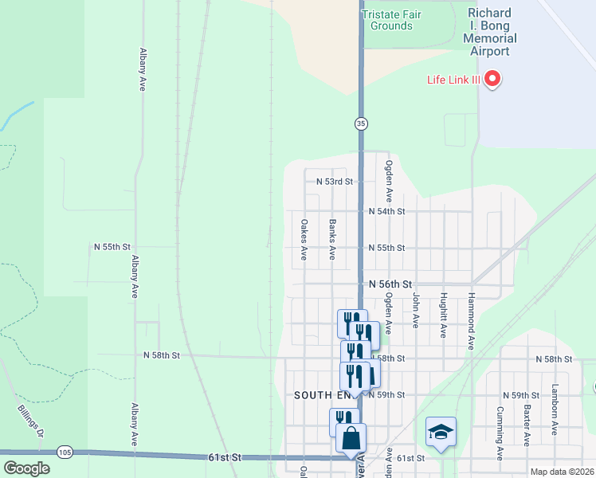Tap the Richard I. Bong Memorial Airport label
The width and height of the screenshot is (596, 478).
pos(492,33)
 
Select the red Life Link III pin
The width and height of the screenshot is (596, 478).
pos(492,78)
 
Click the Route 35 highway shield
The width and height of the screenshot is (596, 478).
pos(361,123)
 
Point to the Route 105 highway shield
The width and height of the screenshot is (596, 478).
pos(65,453)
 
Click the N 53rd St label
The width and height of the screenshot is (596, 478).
pos(334,182)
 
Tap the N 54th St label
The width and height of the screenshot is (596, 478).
pos(387,211)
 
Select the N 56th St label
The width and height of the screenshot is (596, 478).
pos(390,284)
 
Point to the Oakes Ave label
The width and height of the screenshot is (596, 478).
pos(304,240)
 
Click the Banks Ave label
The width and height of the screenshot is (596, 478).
pos(332,240)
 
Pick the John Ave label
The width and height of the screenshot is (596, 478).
pos(415,310)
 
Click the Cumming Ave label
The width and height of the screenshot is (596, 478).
pos(500,433)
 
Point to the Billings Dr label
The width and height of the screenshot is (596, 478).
pos(31,421)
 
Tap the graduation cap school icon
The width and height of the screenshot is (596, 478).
pos(441,432)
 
